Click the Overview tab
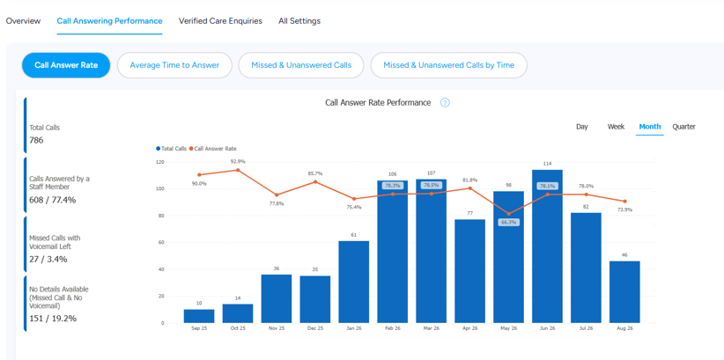point(23,21)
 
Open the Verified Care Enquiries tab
point(220,21)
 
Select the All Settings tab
point(299,21)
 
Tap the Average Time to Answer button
point(174,65)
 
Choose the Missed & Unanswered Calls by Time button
point(449,65)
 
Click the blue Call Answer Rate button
point(66,65)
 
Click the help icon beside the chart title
point(445,102)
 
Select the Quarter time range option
point(683,127)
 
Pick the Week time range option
point(616,127)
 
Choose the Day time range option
point(582,127)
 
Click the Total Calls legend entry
point(171,149)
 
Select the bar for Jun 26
point(547,246)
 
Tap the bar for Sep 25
point(199,316)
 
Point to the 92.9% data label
point(238,162)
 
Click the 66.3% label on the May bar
point(508,223)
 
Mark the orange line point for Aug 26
point(624,202)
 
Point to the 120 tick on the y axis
point(159,162)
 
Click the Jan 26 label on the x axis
point(354,329)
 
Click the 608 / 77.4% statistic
point(52,200)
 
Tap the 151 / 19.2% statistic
point(53,318)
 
